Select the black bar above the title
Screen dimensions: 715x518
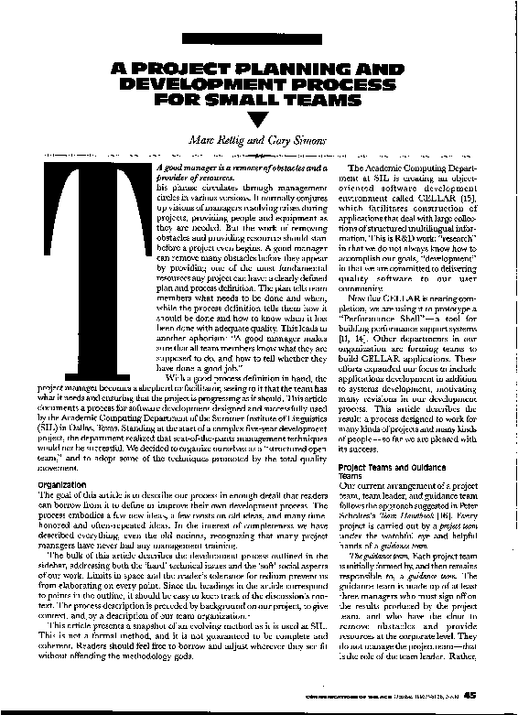click(259, 40)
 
